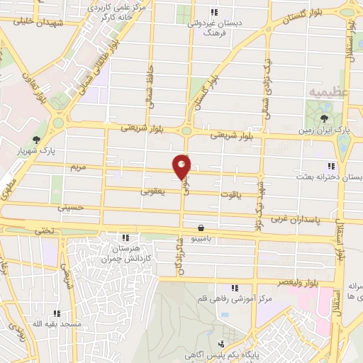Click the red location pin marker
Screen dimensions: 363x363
coord(182,166)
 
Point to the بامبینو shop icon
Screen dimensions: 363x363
coord(202,228)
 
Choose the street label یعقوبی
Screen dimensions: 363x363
coord(152,191)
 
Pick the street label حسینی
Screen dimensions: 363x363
coord(70,207)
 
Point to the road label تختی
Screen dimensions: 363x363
coord(44,230)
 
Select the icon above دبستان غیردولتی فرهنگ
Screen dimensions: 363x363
coord(213,11)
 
